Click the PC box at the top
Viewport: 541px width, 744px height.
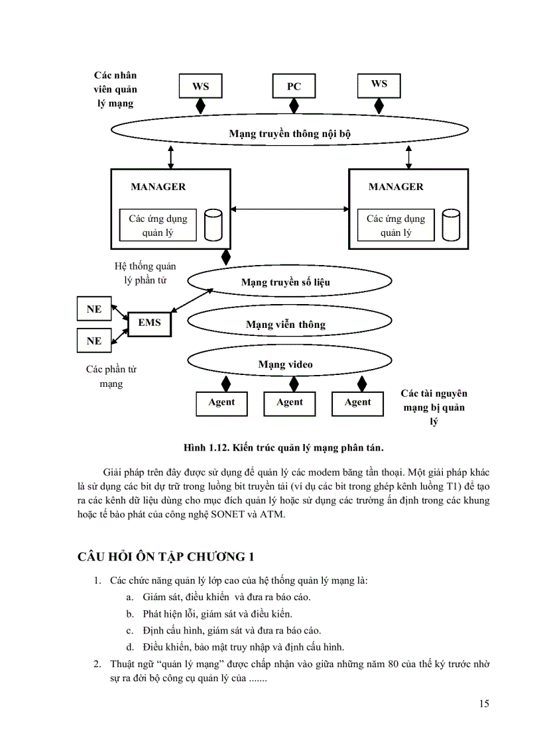point(294,87)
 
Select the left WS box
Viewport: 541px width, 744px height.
point(200,87)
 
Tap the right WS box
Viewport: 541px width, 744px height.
point(379,85)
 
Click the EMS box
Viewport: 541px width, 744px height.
point(149,323)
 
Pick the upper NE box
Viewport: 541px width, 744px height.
point(94,309)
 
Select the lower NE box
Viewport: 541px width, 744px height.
point(94,341)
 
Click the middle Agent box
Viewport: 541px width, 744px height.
point(290,403)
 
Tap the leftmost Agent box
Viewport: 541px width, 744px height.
point(221,403)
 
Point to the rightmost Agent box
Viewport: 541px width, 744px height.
point(358,403)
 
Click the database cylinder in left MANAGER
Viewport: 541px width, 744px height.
point(213,225)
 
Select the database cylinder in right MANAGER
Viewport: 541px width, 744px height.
point(451,225)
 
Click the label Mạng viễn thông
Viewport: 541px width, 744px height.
point(286,325)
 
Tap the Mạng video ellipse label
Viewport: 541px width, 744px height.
point(285,364)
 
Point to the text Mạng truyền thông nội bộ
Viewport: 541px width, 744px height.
point(290,133)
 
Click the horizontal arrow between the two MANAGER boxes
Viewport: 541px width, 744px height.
point(290,209)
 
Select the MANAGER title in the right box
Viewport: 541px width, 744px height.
point(396,187)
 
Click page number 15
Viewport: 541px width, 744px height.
point(483,704)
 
